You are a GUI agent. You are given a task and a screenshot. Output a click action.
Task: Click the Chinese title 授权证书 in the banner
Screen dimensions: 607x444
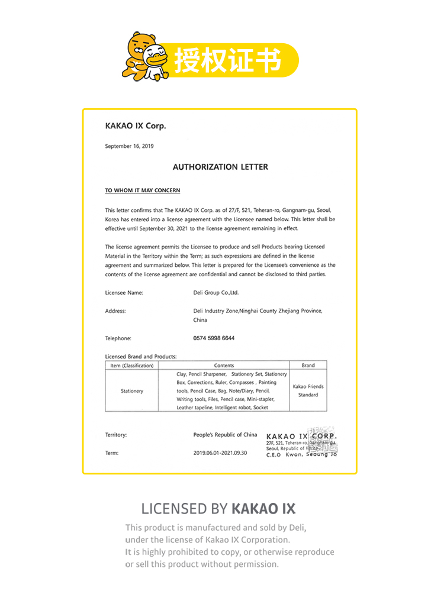click(227, 60)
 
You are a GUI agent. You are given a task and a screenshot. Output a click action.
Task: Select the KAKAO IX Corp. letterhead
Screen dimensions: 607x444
click(136, 125)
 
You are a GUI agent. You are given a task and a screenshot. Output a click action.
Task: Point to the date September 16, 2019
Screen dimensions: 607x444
click(129, 146)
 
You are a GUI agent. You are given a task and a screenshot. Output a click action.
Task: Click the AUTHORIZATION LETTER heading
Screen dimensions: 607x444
click(220, 167)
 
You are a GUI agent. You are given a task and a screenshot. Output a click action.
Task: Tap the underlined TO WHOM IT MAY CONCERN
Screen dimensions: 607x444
click(143, 191)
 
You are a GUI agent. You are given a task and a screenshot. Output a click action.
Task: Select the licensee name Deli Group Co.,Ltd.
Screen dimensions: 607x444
click(216, 292)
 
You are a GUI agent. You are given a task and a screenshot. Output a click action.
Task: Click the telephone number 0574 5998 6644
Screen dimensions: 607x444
click(214, 338)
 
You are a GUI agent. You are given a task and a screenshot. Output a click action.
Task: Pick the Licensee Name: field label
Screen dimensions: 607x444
click(124, 292)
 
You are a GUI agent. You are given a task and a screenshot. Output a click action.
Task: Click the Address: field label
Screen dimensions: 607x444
click(115, 311)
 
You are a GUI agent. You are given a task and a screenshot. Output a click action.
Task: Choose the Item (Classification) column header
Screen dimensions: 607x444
click(132, 366)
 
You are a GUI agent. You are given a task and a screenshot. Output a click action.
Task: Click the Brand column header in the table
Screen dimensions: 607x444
click(308, 366)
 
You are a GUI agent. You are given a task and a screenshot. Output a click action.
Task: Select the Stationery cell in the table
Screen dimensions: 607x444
click(132, 391)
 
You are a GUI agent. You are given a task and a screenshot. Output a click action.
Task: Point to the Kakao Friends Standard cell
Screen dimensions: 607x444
click(308, 390)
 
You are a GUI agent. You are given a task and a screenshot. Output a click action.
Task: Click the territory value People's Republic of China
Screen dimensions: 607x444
click(226, 435)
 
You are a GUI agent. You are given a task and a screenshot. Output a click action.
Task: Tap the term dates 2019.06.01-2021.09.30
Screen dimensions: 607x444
click(220, 453)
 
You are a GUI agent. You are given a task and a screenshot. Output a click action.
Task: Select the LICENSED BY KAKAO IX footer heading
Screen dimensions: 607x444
click(218, 508)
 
